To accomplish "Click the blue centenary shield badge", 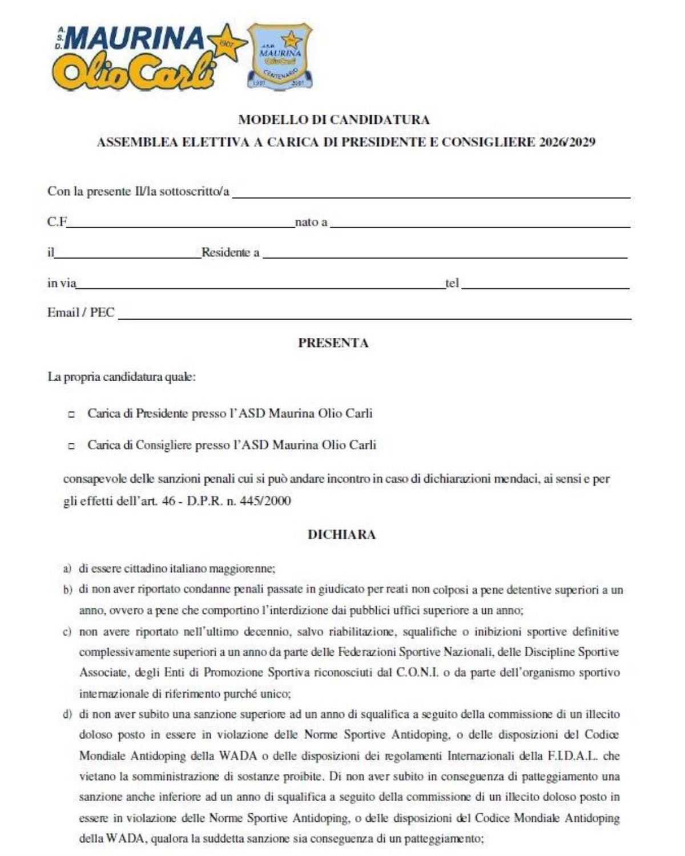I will coord(279,55).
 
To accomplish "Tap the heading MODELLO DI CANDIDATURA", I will coord(334,120).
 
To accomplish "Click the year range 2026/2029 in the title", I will coord(567,143).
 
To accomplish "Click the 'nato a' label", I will coord(311,222).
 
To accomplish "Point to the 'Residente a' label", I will coord(230,252).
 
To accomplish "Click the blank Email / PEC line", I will coord(374,314).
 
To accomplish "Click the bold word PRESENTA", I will coord(333,343).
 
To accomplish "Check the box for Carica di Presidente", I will coord(71,415).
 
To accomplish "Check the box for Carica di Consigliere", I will coord(71,446).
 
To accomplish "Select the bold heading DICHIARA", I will coord(341,535).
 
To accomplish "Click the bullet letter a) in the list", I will coord(67,568).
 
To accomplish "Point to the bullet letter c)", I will coord(67,632).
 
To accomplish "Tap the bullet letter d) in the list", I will coord(67,714).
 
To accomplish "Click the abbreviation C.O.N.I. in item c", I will coord(417,673).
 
